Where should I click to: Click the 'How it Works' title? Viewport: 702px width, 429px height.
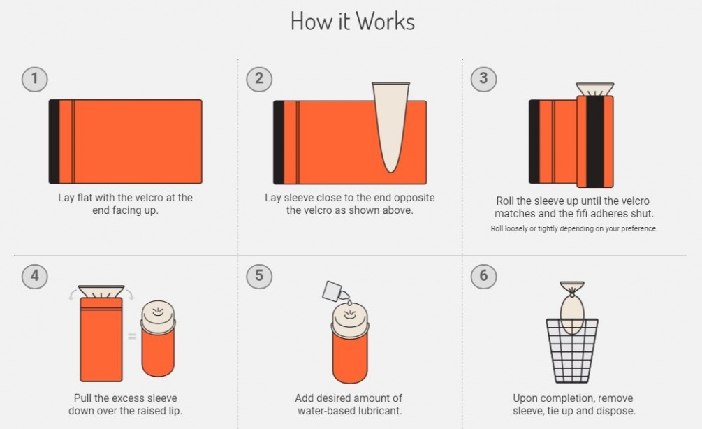tap(353, 21)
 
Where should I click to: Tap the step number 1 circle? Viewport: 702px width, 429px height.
tap(34, 79)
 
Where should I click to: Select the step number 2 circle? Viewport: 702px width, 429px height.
tap(259, 79)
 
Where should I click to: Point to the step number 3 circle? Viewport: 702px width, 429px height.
tap(483, 79)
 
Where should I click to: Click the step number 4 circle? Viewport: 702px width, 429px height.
tap(34, 276)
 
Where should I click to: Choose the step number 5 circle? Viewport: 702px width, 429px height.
tap(259, 276)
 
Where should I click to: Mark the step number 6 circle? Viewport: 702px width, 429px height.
tap(483, 276)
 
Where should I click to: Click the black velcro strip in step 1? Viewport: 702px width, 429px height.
tap(54, 142)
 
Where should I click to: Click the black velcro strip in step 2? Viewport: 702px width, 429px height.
tap(279, 143)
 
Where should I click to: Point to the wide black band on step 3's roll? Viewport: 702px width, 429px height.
tap(595, 142)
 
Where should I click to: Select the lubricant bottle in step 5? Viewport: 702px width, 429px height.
tap(335, 291)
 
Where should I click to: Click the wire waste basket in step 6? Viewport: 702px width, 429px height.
tap(572, 350)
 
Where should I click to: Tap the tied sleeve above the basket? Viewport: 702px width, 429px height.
tap(572, 308)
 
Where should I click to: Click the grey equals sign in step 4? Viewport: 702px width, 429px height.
tap(132, 336)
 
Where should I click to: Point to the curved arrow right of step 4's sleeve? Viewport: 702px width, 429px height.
tap(129, 293)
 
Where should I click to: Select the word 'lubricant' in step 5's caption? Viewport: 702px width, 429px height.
tap(377, 411)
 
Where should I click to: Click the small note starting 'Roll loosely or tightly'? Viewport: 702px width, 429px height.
tap(574, 228)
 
